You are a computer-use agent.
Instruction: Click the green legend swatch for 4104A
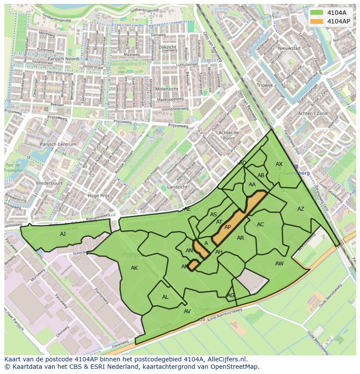click(x=317, y=13)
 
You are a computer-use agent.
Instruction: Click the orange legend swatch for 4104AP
click(x=317, y=21)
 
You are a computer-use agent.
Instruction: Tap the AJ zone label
click(x=63, y=234)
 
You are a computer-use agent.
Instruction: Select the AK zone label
click(x=134, y=268)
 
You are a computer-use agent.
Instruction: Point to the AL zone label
click(x=165, y=297)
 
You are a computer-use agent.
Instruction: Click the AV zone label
click(x=187, y=311)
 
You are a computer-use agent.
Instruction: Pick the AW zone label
click(x=279, y=264)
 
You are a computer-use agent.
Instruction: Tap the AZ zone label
click(x=301, y=209)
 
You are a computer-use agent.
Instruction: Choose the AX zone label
click(x=279, y=164)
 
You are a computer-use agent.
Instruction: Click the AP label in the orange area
click(x=227, y=227)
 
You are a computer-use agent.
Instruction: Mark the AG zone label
click(x=230, y=295)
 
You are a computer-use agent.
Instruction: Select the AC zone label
click(x=260, y=225)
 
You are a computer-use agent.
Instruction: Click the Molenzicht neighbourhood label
click(x=167, y=89)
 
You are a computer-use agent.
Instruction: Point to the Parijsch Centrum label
click(x=58, y=144)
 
